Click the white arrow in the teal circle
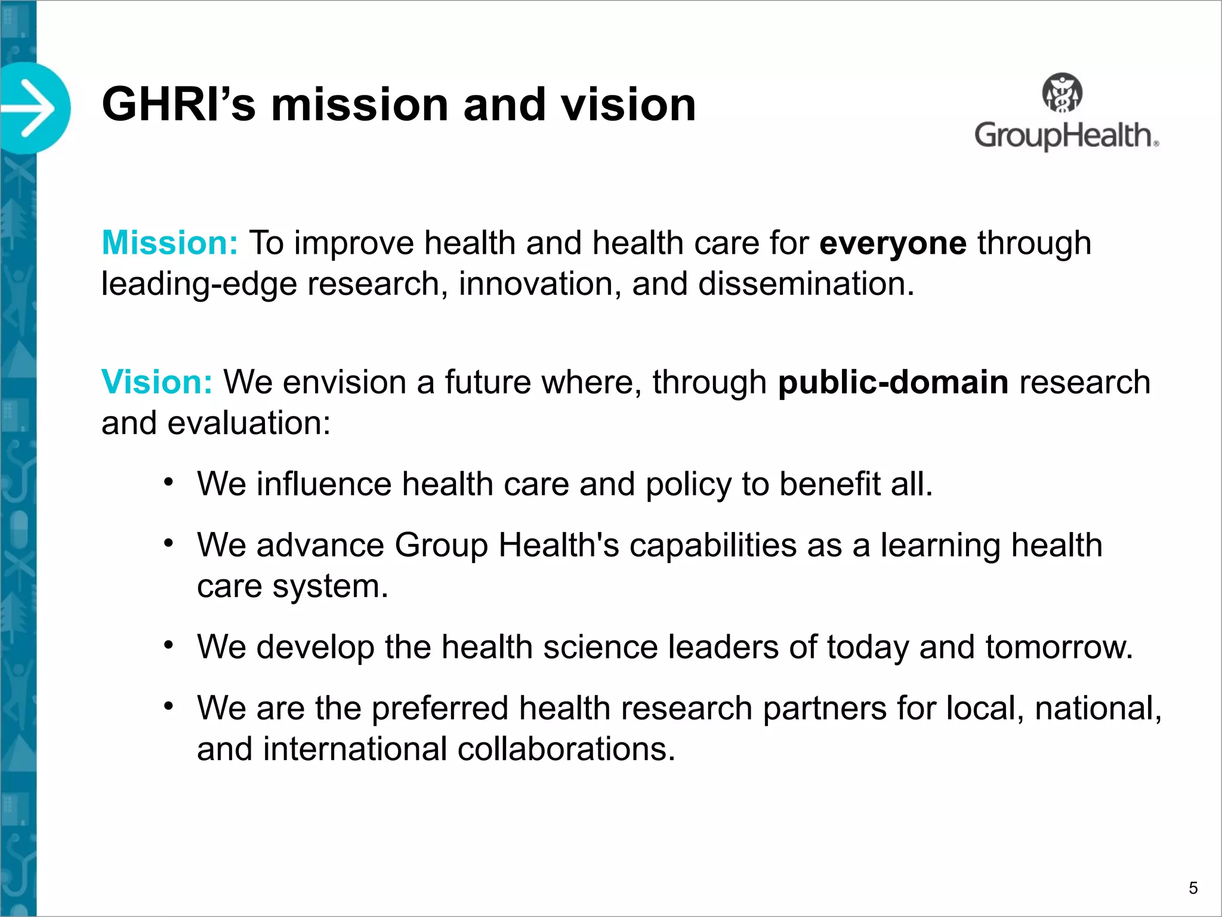pyautogui.click(x=31, y=109)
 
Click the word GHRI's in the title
pyautogui.click(x=179, y=105)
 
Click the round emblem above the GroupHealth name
pyautogui.click(x=1062, y=93)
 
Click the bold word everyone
pyautogui.click(x=893, y=244)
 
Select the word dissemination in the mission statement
pyautogui.click(x=806, y=284)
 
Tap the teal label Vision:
pyautogui.click(x=157, y=382)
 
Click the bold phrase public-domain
pyautogui.click(x=893, y=382)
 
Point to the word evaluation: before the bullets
pyautogui.click(x=249, y=423)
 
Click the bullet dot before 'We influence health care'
pyautogui.click(x=169, y=482)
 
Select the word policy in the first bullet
pyautogui.click(x=689, y=484)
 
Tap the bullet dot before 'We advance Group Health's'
pyautogui.click(x=169, y=543)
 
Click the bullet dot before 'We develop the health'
pyautogui.click(x=169, y=645)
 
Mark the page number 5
pyautogui.click(x=1193, y=888)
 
